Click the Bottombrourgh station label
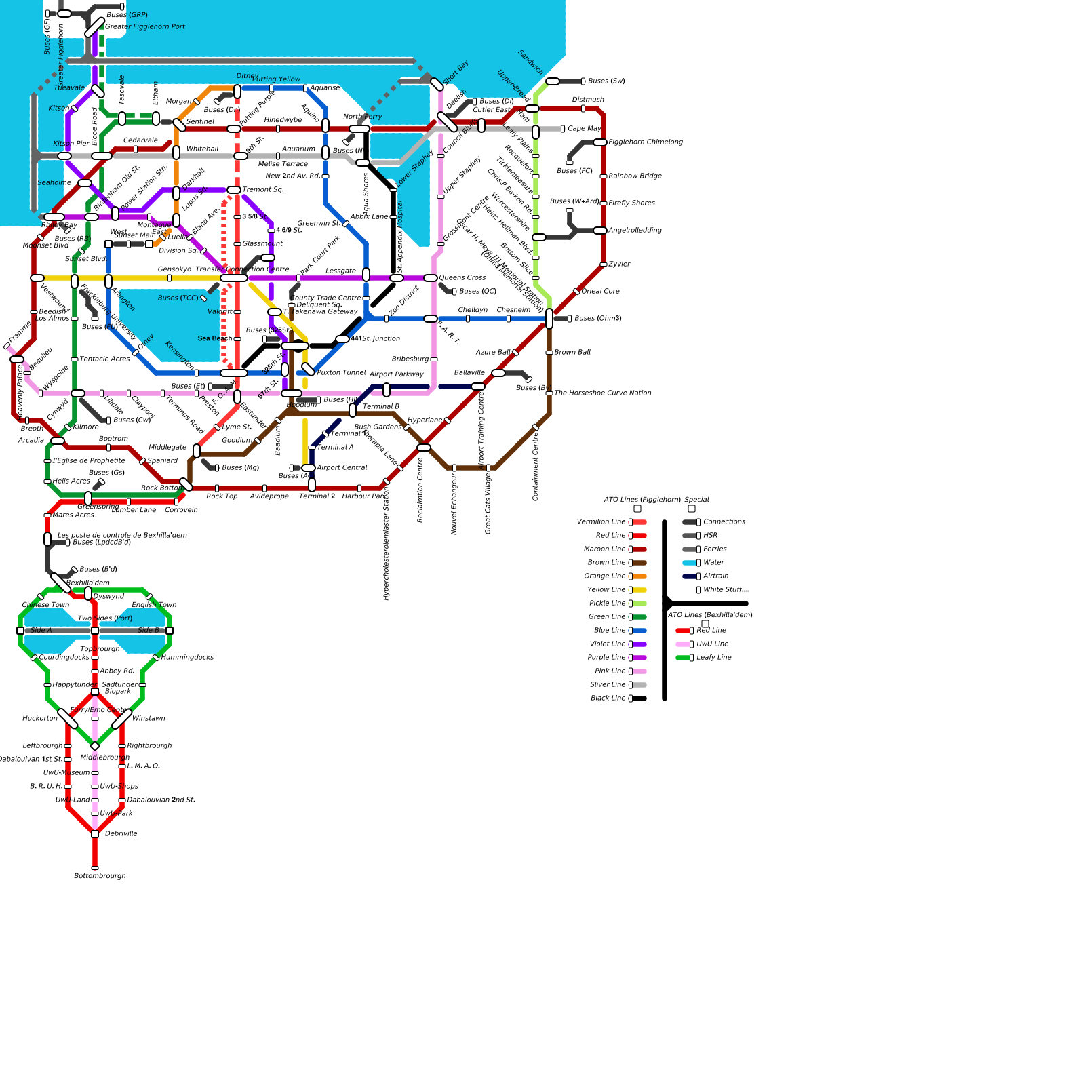point(100,876)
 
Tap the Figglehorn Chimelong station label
point(646,142)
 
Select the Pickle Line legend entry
point(608,604)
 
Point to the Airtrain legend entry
point(715,576)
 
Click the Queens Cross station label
point(462,278)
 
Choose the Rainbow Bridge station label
point(635,176)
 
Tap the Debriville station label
point(121,834)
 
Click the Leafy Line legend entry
point(714,658)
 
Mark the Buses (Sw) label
point(606,81)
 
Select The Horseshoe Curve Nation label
point(603,393)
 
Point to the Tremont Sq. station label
point(263,190)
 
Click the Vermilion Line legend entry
point(601,522)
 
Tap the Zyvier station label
point(619,264)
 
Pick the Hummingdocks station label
point(188,658)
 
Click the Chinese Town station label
point(45,605)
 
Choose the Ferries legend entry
point(715,549)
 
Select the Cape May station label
point(585,129)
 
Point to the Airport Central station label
point(342,468)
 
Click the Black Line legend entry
point(608,698)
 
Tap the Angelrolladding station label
point(635,231)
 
